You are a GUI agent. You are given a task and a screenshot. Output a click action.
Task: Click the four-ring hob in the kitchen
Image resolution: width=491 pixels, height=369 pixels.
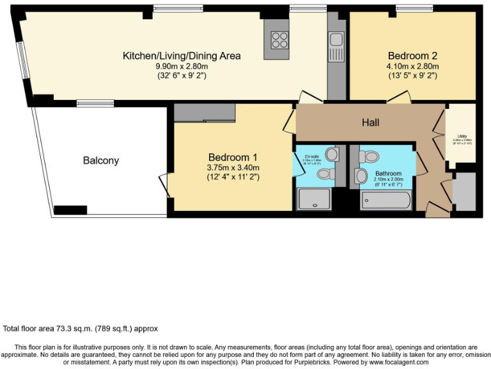click(280, 40)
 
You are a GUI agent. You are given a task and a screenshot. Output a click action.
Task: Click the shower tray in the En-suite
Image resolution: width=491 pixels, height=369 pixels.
click(314, 199)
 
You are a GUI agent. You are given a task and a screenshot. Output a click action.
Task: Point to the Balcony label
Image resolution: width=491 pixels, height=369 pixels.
click(101, 161)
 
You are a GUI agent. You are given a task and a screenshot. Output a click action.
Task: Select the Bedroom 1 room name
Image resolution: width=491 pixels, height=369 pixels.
click(233, 158)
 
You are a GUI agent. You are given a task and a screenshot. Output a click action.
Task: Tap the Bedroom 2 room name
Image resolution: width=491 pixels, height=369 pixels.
click(412, 55)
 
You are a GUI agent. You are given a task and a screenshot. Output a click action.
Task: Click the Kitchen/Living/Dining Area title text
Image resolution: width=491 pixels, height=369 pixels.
click(182, 56)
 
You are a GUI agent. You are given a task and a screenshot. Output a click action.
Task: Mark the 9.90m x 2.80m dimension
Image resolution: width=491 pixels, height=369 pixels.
click(182, 66)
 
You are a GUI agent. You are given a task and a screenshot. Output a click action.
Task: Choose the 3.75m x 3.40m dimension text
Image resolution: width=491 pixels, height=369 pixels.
click(233, 168)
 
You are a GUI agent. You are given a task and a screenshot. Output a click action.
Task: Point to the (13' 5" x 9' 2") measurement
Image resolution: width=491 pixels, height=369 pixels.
click(412, 76)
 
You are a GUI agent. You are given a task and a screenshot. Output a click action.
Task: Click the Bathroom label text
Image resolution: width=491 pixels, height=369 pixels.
click(388, 174)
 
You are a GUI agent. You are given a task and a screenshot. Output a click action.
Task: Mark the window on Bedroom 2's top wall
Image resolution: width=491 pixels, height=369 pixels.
click(414, 8)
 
